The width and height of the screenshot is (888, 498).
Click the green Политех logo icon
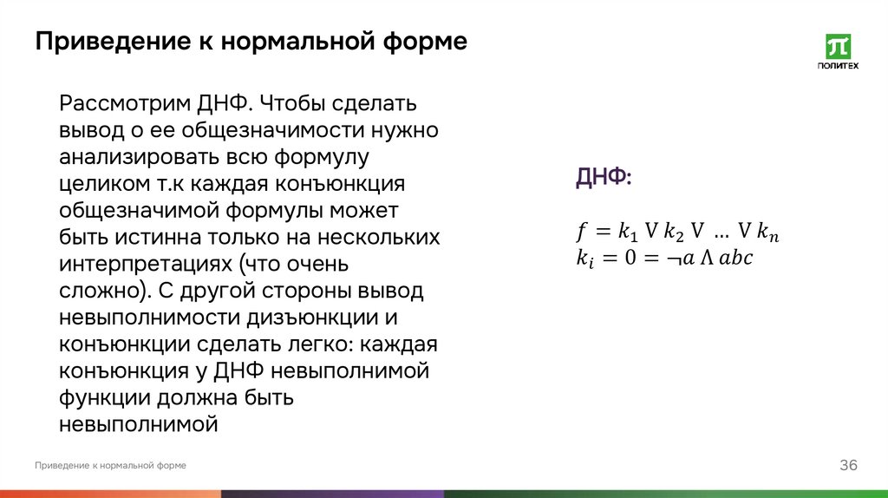(838, 46)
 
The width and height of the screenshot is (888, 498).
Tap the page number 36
(848, 466)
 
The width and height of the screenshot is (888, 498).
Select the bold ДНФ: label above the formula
(604, 177)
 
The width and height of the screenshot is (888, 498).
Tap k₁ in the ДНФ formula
(628, 233)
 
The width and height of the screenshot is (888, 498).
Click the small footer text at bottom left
(111, 466)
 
